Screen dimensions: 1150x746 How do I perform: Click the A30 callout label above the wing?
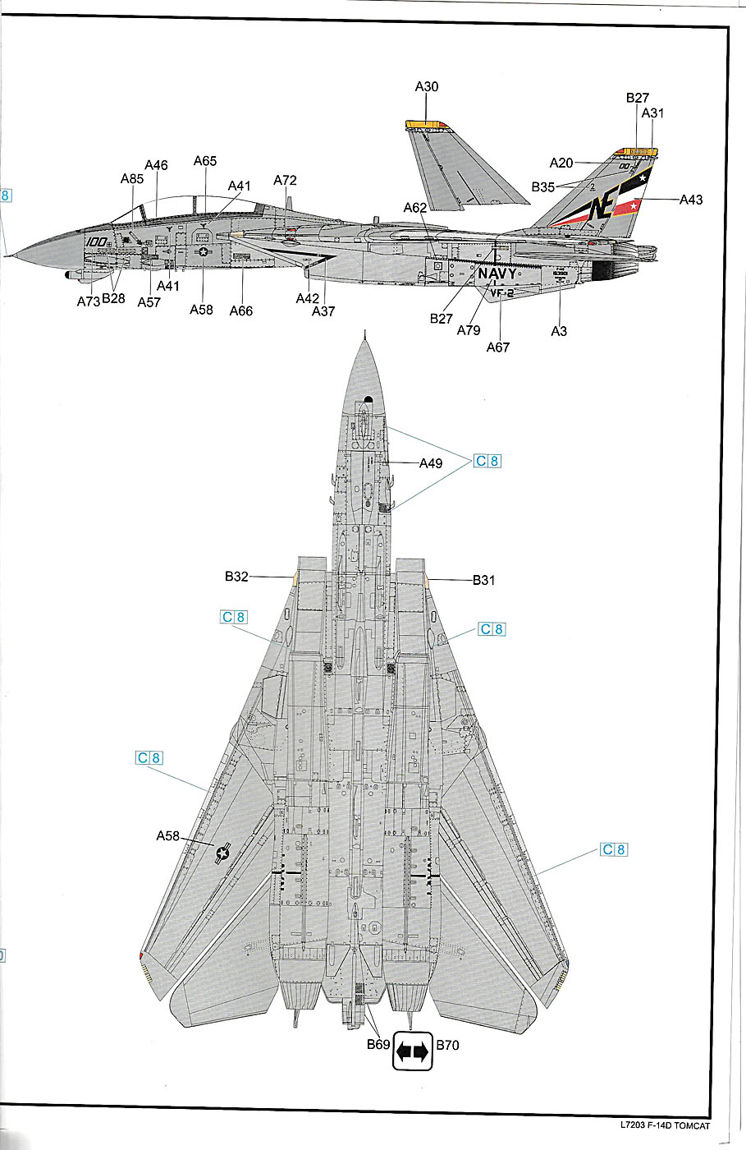[x=427, y=86]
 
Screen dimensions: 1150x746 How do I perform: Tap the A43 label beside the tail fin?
[x=692, y=200]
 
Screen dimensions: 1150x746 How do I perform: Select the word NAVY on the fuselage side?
[x=497, y=274]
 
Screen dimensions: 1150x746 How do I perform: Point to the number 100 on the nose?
[x=96, y=242]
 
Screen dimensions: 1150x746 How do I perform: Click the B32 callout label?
[x=236, y=577]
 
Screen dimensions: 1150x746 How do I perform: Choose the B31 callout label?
[x=484, y=580]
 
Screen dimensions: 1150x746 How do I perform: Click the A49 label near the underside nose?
[x=431, y=463]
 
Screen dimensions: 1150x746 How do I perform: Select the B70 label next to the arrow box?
[x=447, y=1046]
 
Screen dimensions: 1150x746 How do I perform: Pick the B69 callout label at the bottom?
[x=378, y=1046]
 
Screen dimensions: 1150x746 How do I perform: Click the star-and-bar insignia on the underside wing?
[x=222, y=854]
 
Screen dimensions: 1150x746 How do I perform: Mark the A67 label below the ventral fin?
[x=498, y=347]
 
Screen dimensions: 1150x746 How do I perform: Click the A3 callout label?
[x=559, y=331]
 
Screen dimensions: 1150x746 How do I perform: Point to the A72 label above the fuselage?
[x=285, y=180]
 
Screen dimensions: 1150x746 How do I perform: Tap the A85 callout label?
[x=131, y=178]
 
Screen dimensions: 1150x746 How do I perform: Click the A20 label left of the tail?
[x=561, y=163]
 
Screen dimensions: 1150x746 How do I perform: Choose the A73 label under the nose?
[x=89, y=301]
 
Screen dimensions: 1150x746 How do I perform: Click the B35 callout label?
[x=543, y=186]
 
